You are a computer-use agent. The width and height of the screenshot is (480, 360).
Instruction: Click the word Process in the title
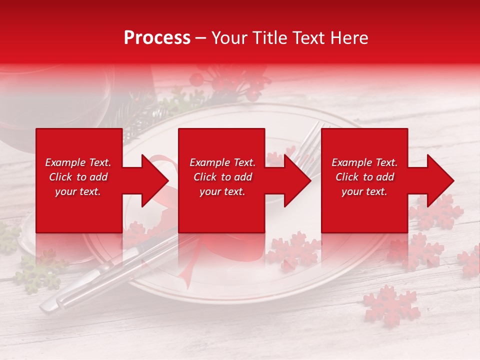coord(157,38)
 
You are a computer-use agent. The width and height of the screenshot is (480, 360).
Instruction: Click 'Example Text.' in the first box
coord(78,162)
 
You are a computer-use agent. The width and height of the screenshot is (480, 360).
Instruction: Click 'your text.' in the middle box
coord(222,191)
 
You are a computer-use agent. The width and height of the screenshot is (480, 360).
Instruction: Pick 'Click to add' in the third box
coord(365,177)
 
